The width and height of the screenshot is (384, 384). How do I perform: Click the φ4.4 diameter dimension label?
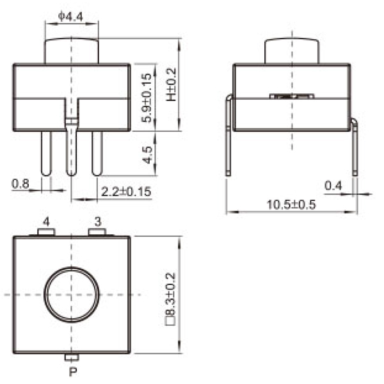point(70,14)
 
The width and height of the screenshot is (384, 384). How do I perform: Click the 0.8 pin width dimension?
point(20,184)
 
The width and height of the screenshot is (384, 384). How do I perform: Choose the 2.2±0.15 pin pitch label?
point(126,191)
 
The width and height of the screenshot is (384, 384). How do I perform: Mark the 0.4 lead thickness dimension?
point(333,185)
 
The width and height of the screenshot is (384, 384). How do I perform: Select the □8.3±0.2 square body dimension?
point(170,294)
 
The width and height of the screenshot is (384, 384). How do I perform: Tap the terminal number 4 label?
point(46,221)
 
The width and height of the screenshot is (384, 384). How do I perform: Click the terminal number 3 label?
point(97,221)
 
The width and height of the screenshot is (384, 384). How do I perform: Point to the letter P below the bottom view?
point(72,371)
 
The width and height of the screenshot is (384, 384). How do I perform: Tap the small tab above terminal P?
point(72,357)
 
